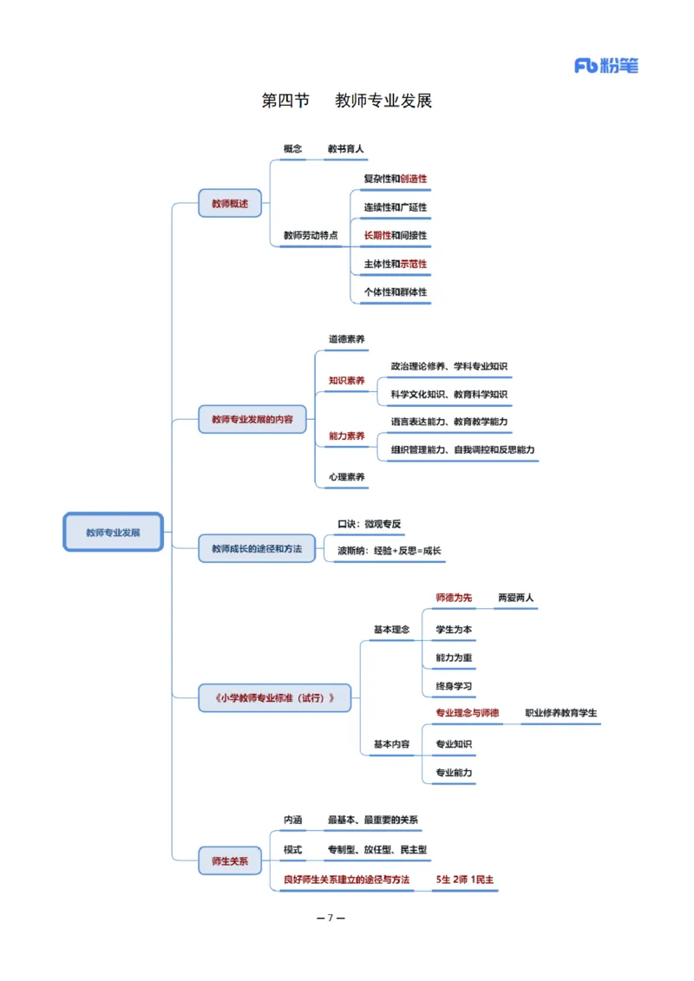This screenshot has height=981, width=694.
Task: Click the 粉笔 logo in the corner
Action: [606, 65]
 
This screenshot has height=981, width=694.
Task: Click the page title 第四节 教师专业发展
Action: [346, 101]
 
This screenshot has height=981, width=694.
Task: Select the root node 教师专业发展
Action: [113, 532]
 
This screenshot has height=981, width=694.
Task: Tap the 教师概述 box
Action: [230, 204]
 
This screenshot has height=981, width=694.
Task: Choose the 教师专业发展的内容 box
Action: [252, 419]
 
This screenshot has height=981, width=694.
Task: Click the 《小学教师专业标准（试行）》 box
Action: [275, 697]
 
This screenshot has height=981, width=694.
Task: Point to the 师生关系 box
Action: [230, 860]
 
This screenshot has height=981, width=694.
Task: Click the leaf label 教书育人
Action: [345, 149]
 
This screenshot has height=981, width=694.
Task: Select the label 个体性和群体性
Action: [395, 292]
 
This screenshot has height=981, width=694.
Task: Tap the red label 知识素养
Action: [346, 380]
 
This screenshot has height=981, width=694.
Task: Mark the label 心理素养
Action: [346, 477]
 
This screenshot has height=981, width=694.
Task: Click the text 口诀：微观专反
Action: [369, 524]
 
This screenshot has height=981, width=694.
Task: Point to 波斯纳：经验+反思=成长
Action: [389, 551]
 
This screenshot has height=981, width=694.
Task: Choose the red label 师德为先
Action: [454, 598]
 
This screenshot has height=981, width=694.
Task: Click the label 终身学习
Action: [454, 686]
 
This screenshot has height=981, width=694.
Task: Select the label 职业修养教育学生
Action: [560, 714]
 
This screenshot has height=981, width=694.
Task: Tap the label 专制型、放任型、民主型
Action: [376, 849]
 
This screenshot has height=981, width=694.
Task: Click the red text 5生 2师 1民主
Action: [465, 879]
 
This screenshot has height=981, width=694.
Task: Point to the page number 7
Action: [331, 918]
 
